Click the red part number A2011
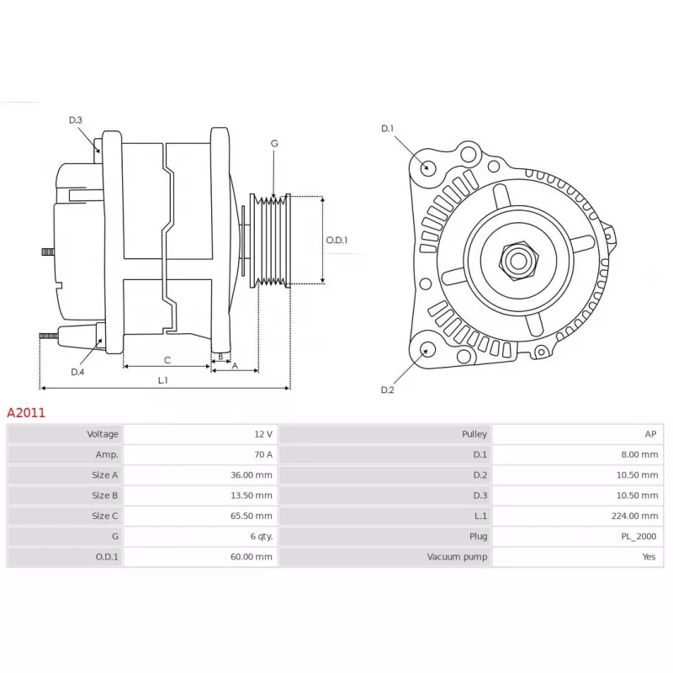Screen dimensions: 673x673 click(26, 412)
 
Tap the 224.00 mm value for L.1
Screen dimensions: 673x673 click(634, 516)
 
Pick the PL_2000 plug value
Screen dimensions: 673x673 click(639, 537)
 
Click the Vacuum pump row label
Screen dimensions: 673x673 click(457, 557)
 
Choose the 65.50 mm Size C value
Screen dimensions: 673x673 click(251, 516)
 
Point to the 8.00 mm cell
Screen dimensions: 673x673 click(639, 454)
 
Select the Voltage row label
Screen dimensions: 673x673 click(103, 434)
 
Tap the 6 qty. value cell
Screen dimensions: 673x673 click(262, 537)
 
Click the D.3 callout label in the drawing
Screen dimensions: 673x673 click(76, 120)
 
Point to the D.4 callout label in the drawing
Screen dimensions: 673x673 click(77, 372)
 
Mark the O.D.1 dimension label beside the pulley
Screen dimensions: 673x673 click(337, 240)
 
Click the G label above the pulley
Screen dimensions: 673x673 click(275, 143)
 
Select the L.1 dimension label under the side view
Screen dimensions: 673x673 click(162, 380)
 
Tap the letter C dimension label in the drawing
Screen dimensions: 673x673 click(167, 361)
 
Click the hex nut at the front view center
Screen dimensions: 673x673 click(518, 261)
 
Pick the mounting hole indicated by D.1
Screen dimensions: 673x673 click(427, 167)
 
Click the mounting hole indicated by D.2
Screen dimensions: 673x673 click(427, 349)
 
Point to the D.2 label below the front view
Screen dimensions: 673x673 click(387, 389)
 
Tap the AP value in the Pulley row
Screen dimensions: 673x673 click(650, 434)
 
